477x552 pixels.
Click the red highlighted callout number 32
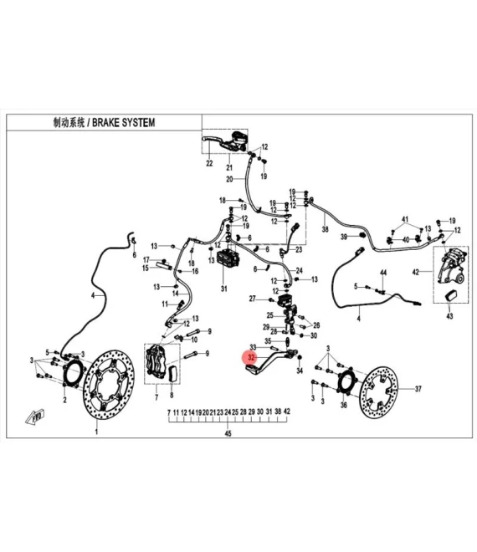[251, 357]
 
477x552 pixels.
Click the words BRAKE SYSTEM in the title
[123, 122]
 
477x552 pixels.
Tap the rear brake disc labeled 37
[378, 391]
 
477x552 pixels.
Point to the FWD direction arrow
[35, 417]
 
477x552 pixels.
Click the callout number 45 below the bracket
[228, 433]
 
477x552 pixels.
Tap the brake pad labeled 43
[451, 295]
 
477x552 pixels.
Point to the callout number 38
[325, 229]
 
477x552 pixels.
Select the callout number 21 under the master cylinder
[229, 167]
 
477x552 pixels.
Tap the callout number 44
[383, 273]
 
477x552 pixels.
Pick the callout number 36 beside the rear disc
[344, 405]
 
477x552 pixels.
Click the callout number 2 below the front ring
[64, 400]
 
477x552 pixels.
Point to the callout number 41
[405, 219]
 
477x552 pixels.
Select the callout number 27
[252, 299]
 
